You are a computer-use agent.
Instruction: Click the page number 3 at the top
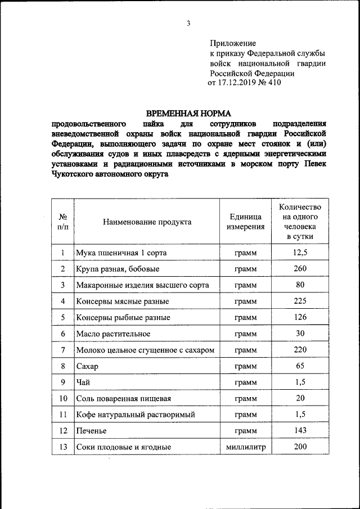click(x=189, y=23)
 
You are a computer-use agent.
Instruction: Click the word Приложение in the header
click(x=233, y=43)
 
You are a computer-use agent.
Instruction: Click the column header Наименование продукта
click(x=147, y=222)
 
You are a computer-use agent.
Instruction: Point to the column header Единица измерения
click(x=245, y=222)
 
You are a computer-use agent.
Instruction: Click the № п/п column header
click(x=63, y=222)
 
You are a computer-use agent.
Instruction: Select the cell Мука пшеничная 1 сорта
click(x=121, y=253)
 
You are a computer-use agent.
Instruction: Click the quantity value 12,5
click(x=300, y=253)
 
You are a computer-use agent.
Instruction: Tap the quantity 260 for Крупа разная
click(x=300, y=269)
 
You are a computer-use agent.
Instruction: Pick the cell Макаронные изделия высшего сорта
click(x=142, y=285)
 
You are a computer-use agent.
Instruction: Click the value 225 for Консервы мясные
click(x=300, y=301)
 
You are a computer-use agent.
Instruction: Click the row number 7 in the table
click(x=63, y=350)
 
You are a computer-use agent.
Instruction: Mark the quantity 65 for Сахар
click(x=300, y=366)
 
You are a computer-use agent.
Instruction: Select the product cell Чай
click(x=83, y=383)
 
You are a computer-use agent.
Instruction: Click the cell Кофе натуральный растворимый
click(x=136, y=415)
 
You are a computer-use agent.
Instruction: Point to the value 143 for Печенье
click(x=300, y=431)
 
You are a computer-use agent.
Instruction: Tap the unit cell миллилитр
click(x=245, y=448)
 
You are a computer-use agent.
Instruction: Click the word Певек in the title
click(x=314, y=164)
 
